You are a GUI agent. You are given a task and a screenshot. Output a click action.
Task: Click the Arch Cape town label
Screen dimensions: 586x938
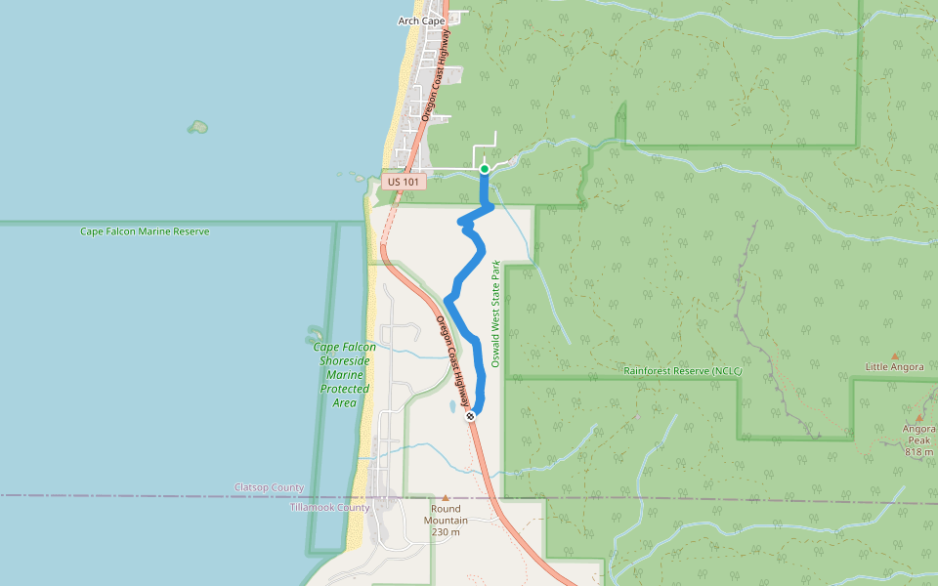click(x=421, y=21)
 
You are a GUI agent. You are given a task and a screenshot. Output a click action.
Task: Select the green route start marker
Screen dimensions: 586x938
click(x=485, y=169)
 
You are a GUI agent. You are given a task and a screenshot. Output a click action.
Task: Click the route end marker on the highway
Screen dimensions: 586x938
click(x=471, y=416)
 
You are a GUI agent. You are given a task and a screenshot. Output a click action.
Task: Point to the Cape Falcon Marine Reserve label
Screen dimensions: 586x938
click(x=145, y=231)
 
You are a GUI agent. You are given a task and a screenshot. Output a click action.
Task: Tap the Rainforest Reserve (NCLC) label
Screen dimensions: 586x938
click(x=683, y=371)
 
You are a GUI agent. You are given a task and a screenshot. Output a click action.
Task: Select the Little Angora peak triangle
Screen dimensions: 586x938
click(x=894, y=356)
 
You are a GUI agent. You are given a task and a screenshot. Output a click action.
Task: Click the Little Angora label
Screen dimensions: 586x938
click(x=894, y=367)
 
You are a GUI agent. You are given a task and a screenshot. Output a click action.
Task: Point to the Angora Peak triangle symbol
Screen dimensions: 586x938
click(x=918, y=418)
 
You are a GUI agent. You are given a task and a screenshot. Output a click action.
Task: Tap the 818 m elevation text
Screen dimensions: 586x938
click(x=919, y=452)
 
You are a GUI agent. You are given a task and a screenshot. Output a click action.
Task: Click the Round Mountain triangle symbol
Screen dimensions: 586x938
click(x=446, y=498)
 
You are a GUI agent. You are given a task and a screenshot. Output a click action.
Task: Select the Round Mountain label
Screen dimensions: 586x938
click(x=446, y=515)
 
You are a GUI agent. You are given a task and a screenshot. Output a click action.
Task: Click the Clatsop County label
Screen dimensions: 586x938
click(x=269, y=487)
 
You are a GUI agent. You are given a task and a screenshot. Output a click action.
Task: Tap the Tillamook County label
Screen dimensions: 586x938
click(x=329, y=508)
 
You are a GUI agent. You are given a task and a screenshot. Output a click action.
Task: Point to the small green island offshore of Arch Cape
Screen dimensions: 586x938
click(x=198, y=127)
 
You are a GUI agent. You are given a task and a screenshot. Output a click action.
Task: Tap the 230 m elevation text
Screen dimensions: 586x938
click(x=446, y=532)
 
